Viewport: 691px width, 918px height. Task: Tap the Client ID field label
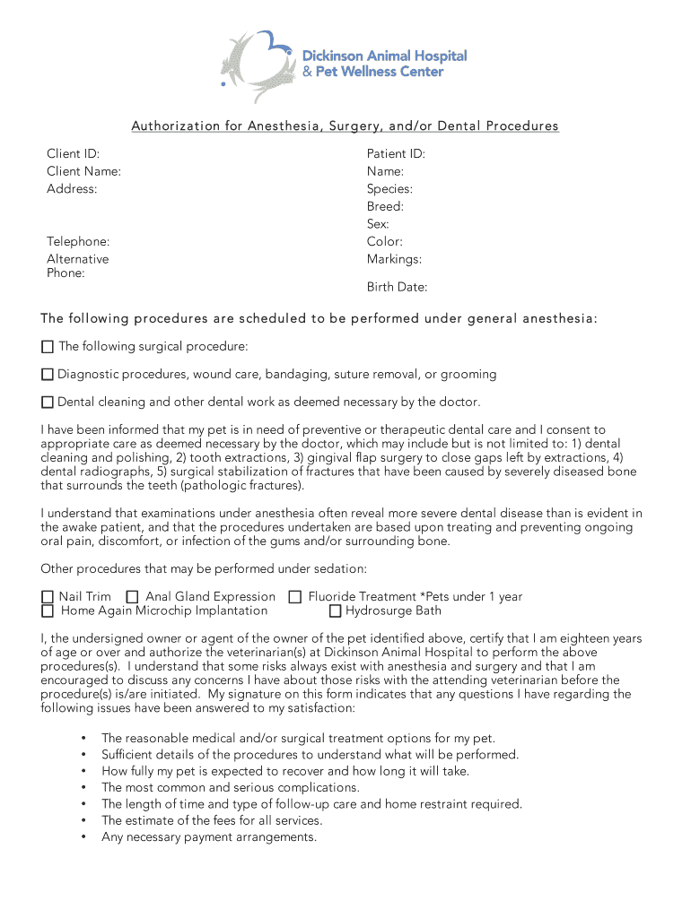coord(74,154)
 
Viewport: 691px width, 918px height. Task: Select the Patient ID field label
coord(396,154)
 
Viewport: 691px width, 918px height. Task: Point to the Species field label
coord(389,189)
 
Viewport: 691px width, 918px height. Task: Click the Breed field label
coord(385,206)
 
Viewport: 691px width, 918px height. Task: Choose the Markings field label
coord(394,259)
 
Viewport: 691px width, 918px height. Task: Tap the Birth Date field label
coord(397,288)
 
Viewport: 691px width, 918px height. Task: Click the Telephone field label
coord(79,241)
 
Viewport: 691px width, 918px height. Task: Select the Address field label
coord(72,189)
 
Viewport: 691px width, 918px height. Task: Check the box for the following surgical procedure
coord(48,347)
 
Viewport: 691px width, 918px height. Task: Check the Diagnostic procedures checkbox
coord(48,375)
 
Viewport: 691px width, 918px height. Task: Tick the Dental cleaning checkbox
coord(48,403)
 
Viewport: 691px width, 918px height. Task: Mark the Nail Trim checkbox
coord(48,597)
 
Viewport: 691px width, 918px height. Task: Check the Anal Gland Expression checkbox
coord(133,597)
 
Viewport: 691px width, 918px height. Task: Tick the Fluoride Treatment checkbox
coord(294,597)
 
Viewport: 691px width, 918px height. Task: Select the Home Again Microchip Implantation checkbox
coord(48,611)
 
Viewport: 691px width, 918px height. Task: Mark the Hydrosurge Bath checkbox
coord(335,611)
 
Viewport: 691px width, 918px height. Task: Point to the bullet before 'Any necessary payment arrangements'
coord(83,837)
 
